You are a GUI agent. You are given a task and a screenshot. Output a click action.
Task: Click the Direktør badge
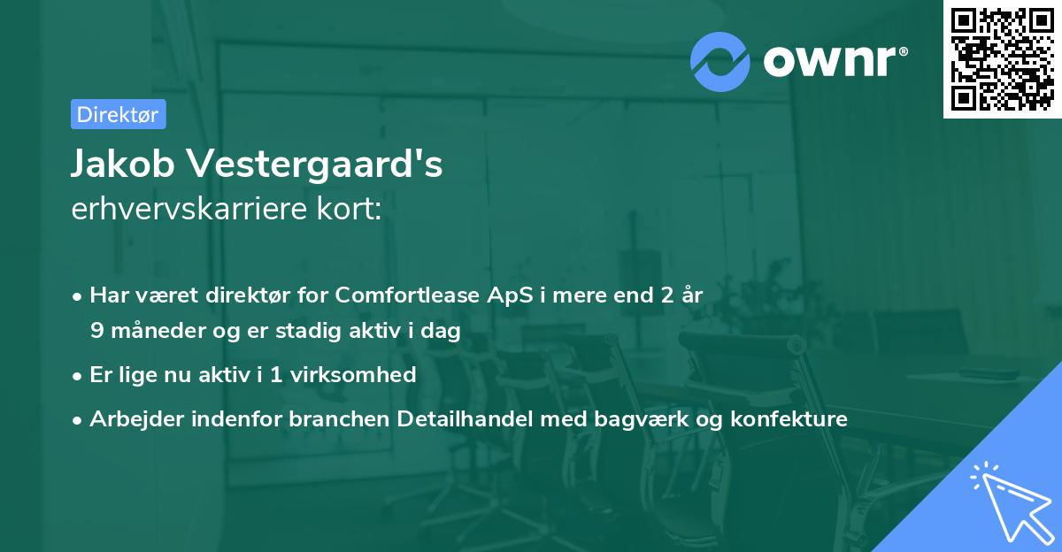pos(118,114)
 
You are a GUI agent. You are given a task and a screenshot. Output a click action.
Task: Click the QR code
pos(1002,59)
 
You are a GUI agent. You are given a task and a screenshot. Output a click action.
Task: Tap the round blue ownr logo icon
pos(720,61)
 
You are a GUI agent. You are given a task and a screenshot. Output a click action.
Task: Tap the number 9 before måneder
pos(96,331)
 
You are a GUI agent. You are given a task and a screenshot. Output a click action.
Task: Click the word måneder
pos(149,331)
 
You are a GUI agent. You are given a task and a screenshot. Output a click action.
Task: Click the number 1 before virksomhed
pos(276,375)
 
